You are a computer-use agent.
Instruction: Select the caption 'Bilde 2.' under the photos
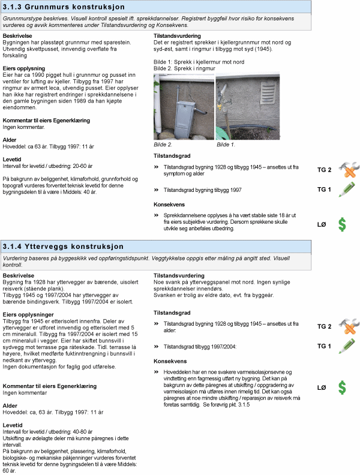[x=163, y=145]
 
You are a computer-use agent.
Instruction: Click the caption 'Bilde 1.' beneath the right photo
[x=226, y=145]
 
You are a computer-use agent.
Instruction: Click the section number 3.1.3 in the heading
[x=13, y=6]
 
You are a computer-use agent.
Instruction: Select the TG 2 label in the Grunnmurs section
[x=324, y=170]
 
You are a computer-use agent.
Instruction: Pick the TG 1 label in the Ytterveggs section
[x=324, y=346]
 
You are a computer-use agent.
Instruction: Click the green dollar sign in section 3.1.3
[x=342, y=224]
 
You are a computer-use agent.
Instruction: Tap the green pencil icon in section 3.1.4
[x=346, y=346]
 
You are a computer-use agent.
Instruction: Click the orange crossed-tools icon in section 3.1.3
[x=347, y=170]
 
